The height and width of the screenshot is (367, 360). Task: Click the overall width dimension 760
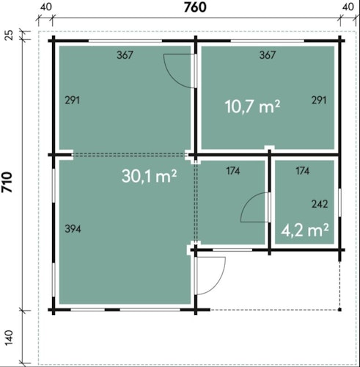pos(195,7)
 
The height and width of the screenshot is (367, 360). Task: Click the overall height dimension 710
pos(7,182)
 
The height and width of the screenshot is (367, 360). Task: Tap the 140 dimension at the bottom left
pos(9,338)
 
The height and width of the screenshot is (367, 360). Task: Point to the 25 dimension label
pos(9,34)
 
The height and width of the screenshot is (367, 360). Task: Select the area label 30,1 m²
pos(149,176)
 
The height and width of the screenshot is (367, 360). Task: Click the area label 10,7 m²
pos(252,106)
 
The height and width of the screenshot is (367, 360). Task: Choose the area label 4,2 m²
pos(304,230)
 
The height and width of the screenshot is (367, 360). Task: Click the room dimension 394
pos(73,229)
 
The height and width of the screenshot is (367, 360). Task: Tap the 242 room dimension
pos(320,204)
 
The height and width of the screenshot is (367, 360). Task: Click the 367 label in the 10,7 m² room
pos(268,55)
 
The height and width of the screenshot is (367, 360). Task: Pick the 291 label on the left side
pos(72,101)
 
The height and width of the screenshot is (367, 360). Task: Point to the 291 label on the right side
pos(319,100)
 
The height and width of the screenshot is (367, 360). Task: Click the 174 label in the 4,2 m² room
pos(303,171)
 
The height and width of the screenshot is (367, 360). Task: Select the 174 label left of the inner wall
pos(233,171)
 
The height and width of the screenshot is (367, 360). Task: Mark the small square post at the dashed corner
pos(339,310)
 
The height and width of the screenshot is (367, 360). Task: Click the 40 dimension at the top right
pos(348,7)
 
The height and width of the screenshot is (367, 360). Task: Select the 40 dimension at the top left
pos(46,7)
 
